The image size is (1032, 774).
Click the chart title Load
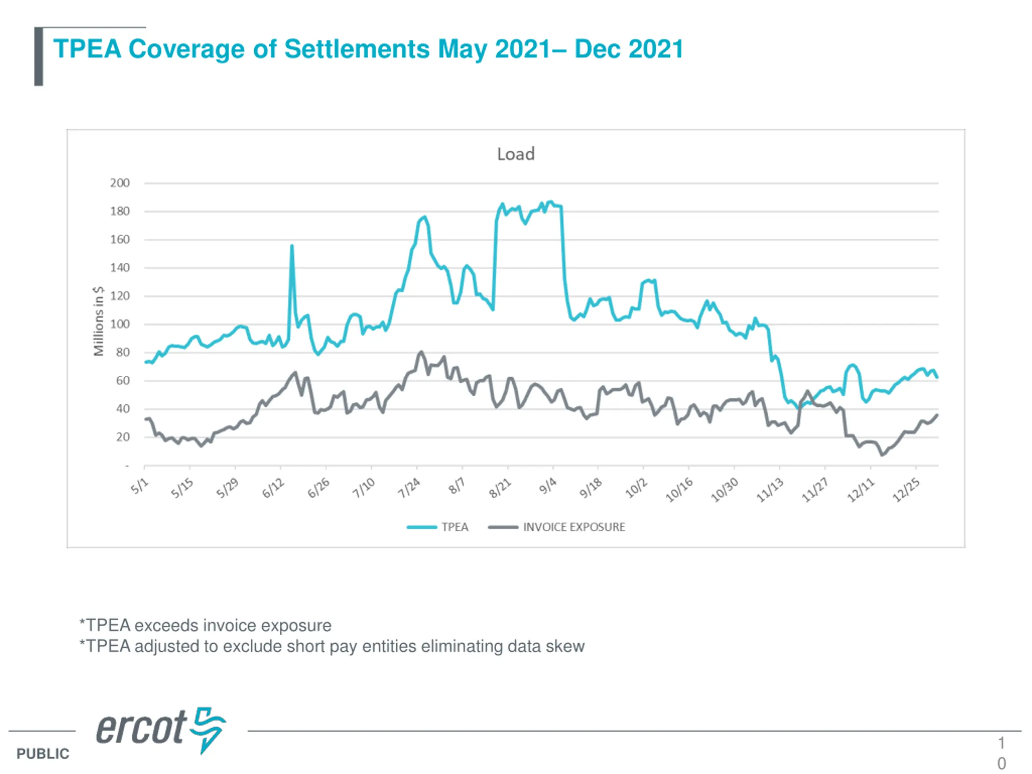click(x=516, y=154)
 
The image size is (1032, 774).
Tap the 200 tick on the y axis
click(x=120, y=183)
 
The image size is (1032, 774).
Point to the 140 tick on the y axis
click(x=120, y=268)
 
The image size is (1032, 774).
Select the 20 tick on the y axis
click(x=123, y=437)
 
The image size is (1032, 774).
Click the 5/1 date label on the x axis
click(x=139, y=486)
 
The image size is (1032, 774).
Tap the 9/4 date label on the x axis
click(x=548, y=486)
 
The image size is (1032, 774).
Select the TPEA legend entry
click(x=454, y=527)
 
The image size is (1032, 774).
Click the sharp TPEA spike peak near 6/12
click(x=292, y=246)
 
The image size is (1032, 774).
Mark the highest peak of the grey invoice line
click(x=421, y=352)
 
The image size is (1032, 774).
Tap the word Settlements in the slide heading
click(x=357, y=49)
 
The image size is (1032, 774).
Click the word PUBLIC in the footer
click(x=43, y=753)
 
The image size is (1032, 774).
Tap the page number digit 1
click(x=1001, y=742)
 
